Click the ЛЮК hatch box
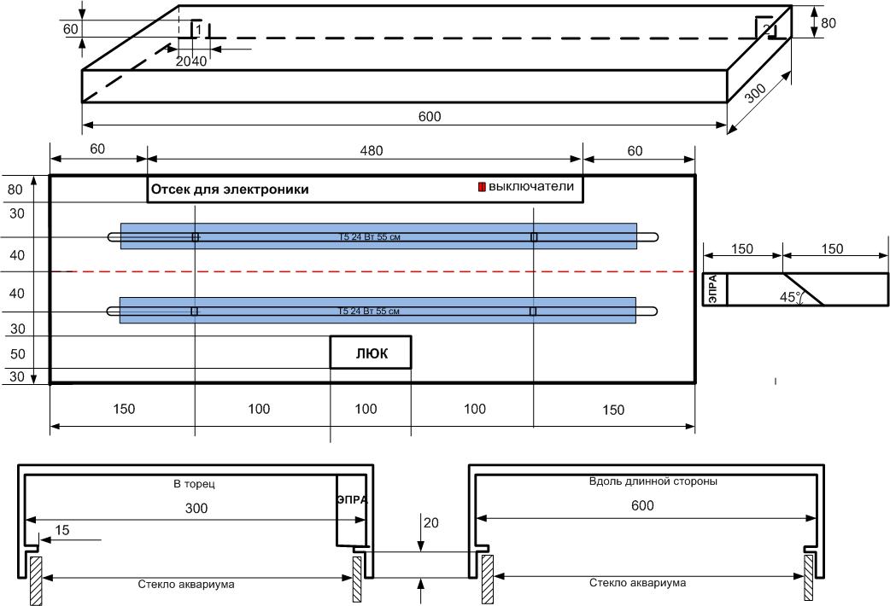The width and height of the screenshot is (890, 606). point(371,353)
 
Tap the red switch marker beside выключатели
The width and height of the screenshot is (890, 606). point(482,187)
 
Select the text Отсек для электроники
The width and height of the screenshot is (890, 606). point(230,189)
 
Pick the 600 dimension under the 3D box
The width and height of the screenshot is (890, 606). point(430,117)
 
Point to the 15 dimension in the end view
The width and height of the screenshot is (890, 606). point(61,530)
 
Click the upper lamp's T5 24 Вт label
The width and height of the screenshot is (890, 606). point(368,236)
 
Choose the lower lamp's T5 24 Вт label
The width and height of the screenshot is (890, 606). point(368,312)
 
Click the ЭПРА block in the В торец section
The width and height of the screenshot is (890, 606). point(351,500)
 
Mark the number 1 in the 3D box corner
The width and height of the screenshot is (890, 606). point(199,30)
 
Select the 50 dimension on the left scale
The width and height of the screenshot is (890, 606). point(17,354)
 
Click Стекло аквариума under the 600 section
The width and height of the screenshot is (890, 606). point(637,583)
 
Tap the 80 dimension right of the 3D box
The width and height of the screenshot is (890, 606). point(828,23)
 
